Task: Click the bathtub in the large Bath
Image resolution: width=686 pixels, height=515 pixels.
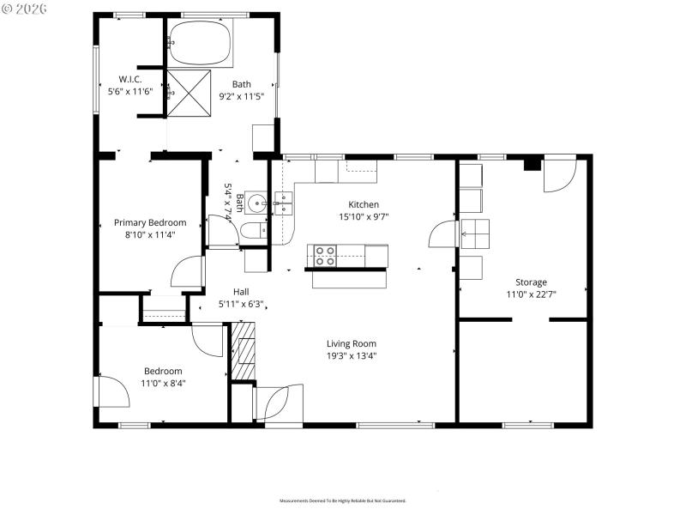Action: pos(200,45)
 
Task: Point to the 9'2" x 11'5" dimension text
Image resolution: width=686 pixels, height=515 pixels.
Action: pos(242,96)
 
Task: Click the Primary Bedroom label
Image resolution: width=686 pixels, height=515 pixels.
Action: pos(150,222)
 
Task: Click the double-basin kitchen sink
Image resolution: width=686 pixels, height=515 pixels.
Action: pos(282,203)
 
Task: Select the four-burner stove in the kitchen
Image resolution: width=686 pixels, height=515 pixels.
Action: pos(324,255)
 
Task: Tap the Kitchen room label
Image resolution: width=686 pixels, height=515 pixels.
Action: pos(363,204)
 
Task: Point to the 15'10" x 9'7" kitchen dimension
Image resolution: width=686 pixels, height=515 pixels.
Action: pos(363,216)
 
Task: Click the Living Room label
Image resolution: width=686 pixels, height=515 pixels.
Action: pos(352,343)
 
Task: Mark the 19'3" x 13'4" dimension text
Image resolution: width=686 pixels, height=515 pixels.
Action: pos(352,355)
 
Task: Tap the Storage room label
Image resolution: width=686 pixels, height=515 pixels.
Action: pos(531,282)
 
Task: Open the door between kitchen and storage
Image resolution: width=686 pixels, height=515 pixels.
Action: pos(443,233)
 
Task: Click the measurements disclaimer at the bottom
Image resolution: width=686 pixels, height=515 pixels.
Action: pos(342,500)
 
